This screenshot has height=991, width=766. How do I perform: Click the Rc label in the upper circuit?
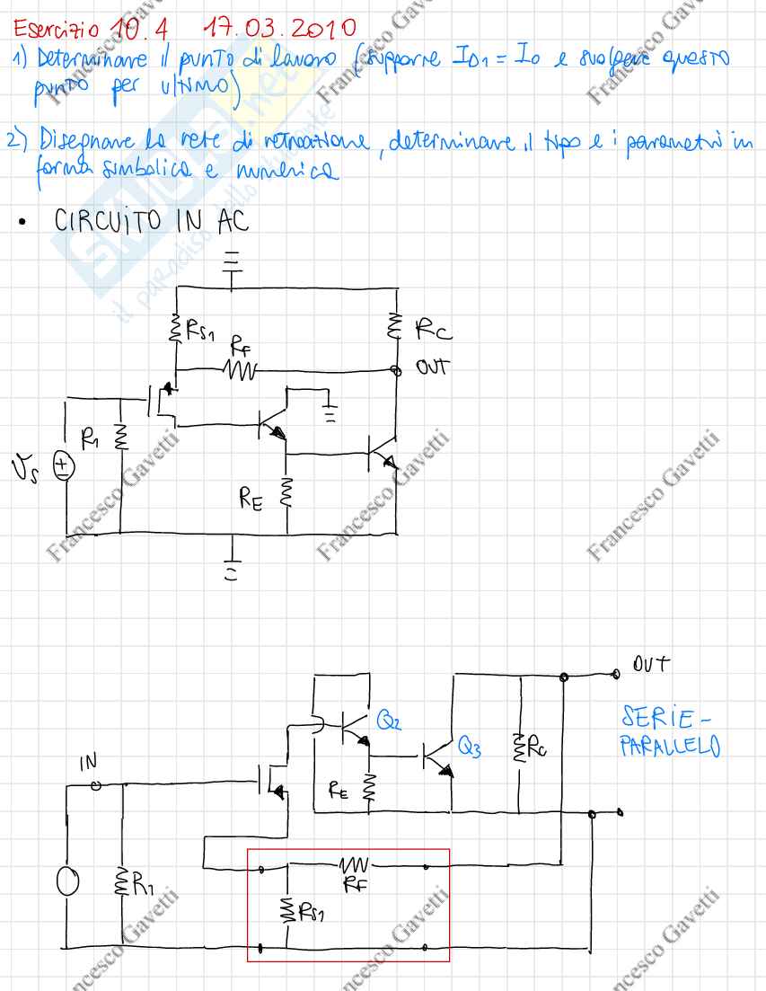pos(435,334)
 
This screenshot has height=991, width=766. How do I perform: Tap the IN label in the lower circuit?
pos(88,763)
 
